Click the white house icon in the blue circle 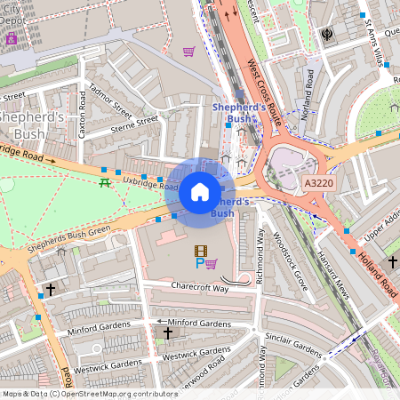coord(200,191)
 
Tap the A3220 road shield coord(318,182)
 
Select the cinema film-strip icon coord(202,252)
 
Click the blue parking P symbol coord(199,264)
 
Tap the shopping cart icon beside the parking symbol coord(212,263)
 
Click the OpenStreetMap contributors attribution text coord(89,393)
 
